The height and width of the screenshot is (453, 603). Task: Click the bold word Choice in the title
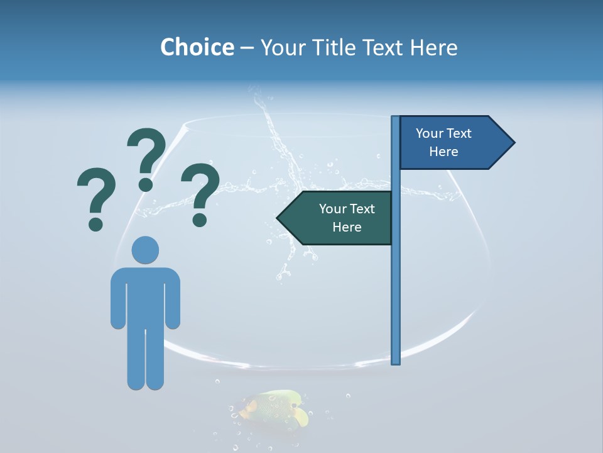click(197, 47)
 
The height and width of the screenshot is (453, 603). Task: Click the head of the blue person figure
click(145, 250)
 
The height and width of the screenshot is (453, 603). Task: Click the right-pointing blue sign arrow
click(452, 143)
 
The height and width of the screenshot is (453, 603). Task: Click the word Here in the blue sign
click(443, 152)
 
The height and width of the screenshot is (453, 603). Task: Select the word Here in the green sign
click(347, 227)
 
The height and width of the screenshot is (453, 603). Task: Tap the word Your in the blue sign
click(429, 133)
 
